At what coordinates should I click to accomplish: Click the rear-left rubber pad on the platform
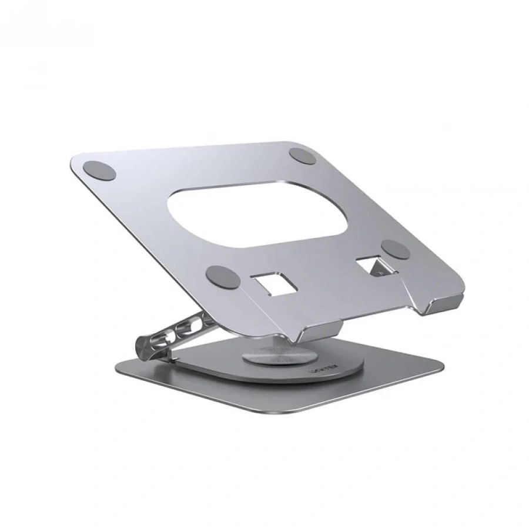point(99,170)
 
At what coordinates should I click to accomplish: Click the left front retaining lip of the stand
point(318,333)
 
